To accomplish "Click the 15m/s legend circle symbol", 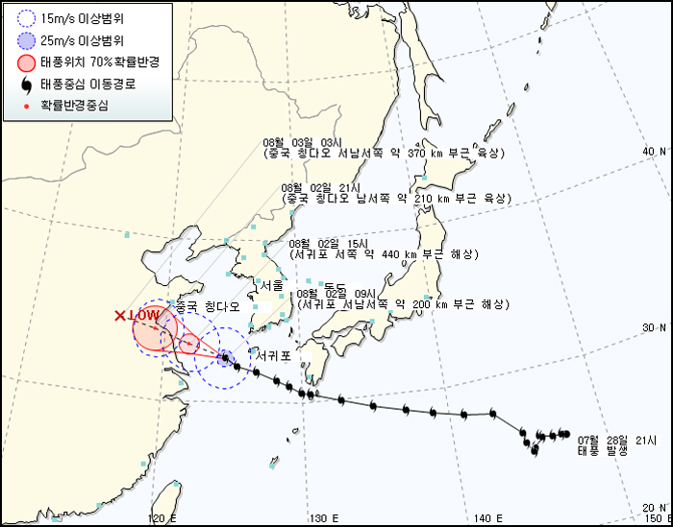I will (x=26, y=16).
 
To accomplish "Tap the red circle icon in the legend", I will (x=26, y=62).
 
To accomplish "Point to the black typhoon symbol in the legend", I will (x=26, y=84).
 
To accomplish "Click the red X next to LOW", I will (x=120, y=316).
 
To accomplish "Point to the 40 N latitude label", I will (x=655, y=151).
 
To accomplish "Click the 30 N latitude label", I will (x=655, y=327).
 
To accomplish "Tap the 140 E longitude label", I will (x=487, y=517).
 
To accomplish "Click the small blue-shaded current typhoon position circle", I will (x=225, y=358).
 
